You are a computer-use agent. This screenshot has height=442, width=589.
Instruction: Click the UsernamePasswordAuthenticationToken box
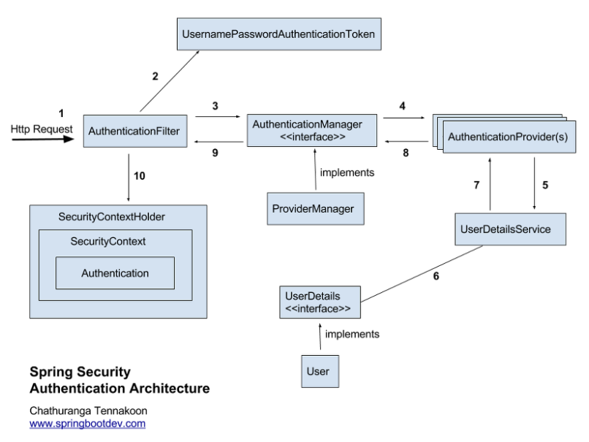click(279, 34)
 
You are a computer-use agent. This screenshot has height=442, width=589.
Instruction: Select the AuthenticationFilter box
click(135, 131)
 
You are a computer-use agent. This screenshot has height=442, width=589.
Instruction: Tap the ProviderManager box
click(316, 209)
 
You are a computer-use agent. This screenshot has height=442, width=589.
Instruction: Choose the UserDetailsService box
click(511, 229)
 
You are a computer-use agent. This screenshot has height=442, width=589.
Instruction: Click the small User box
click(320, 371)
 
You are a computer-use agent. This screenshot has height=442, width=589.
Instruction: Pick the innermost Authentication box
click(115, 273)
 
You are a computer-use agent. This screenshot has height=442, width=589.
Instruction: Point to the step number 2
click(155, 76)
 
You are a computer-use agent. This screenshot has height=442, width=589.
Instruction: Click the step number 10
click(140, 176)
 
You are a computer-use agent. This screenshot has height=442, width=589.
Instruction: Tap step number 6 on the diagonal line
click(436, 276)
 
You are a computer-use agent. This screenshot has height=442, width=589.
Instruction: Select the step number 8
click(406, 153)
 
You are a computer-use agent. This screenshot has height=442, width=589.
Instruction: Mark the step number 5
click(545, 185)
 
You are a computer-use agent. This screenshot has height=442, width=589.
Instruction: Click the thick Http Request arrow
click(43, 140)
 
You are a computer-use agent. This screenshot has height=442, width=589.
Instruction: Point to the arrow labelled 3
click(218, 116)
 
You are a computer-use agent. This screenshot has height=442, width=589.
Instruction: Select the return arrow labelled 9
click(218, 142)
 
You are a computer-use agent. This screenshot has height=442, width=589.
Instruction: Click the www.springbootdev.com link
click(88, 424)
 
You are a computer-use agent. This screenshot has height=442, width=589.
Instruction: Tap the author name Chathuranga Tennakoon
click(88, 411)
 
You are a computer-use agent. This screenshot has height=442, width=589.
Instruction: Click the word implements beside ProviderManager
click(347, 172)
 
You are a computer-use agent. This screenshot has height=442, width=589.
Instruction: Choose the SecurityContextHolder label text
click(112, 217)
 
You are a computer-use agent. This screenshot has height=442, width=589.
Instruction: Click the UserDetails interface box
click(320, 302)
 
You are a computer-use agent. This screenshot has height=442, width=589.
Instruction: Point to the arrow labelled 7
click(490, 184)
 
